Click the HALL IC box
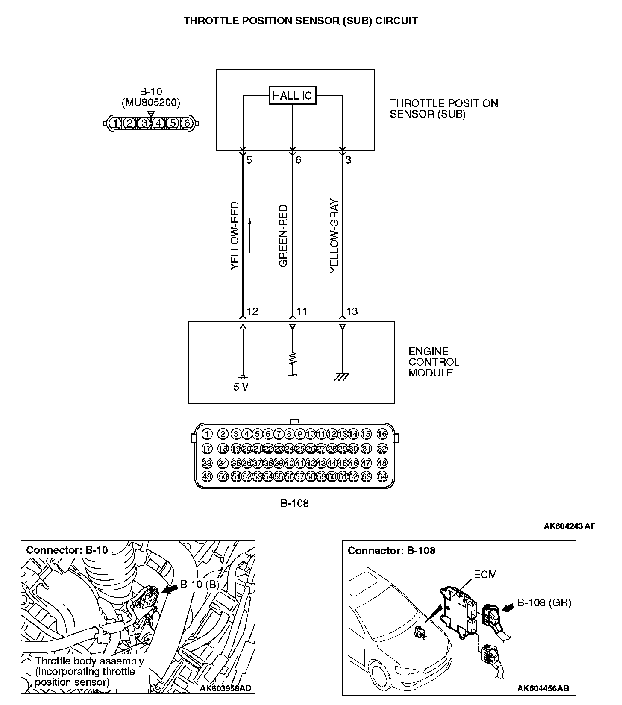(x=293, y=95)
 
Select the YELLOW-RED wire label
(x=235, y=236)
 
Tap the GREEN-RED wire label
(x=283, y=236)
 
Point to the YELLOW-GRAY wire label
(x=334, y=236)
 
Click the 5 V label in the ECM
(x=241, y=387)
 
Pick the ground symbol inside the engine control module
(x=342, y=376)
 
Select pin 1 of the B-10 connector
(x=115, y=123)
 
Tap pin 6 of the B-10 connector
(x=187, y=123)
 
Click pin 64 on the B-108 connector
(x=382, y=476)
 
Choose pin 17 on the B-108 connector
(x=207, y=449)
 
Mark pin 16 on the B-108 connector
(x=382, y=434)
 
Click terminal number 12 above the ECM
(x=252, y=311)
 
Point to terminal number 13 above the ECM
(x=352, y=311)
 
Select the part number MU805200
(x=151, y=103)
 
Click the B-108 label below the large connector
(x=294, y=503)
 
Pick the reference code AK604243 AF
(x=569, y=526)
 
